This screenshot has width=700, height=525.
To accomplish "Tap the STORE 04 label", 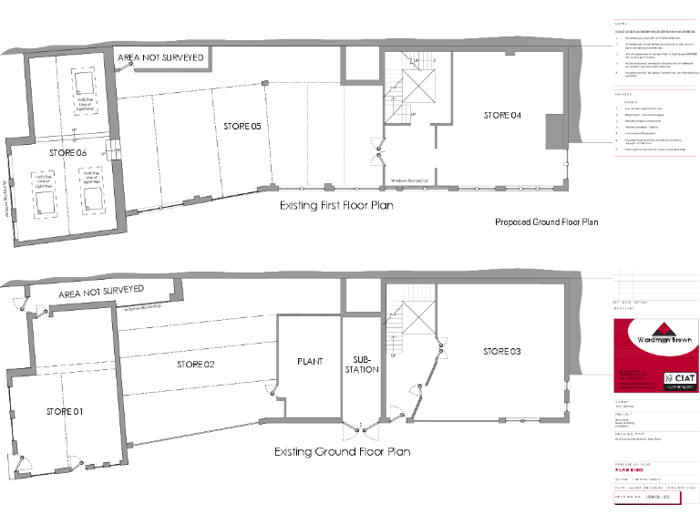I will pos(502,115).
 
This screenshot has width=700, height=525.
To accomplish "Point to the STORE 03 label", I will pos(502,351).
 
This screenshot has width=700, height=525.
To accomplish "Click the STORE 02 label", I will pos(195,365).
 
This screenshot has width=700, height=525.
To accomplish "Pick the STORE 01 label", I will pos(65,412).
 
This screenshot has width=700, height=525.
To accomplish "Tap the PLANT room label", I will pos(310,362).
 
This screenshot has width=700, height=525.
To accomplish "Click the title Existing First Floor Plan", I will pos(337,206).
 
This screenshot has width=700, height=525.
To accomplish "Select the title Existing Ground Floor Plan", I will pos(342,452).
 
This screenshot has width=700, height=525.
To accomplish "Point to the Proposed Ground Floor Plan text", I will pos(546,221).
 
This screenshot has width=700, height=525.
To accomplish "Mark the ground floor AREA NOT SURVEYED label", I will pos(101,292).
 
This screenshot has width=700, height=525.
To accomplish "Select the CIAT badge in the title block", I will pos(680,377).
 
